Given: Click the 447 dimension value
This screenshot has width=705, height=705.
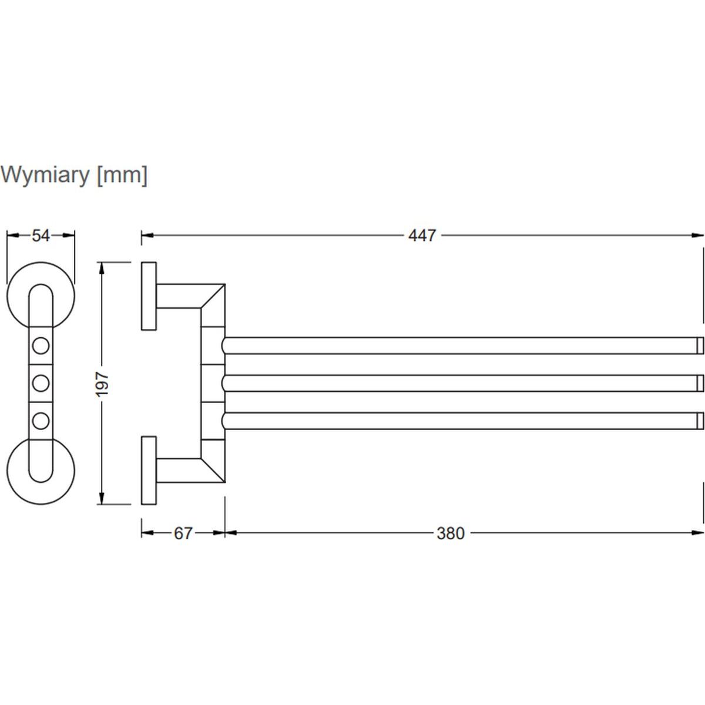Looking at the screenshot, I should pos(422,236).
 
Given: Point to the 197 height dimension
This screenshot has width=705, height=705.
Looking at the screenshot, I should pos(103,384).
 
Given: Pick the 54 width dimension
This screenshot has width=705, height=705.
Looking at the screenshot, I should pos(41,236).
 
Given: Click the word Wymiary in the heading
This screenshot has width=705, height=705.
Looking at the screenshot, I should pos(45,174).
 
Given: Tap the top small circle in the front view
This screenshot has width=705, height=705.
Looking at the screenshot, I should pos(41,345).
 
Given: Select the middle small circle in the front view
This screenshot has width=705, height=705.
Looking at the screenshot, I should pos(41,384).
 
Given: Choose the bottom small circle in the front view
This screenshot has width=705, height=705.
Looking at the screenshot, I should pos(41,421).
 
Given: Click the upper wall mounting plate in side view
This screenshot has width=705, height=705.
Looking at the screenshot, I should pos(149,296).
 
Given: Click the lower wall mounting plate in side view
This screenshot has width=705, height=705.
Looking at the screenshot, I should pos(149,470).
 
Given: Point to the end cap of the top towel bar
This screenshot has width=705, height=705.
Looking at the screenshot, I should pos(700,345).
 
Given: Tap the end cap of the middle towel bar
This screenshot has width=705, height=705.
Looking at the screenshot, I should pos(700,383).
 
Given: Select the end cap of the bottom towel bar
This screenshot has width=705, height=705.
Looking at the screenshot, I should pos(700,421).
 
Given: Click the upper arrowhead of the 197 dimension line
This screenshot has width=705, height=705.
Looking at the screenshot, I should pos(103,268).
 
